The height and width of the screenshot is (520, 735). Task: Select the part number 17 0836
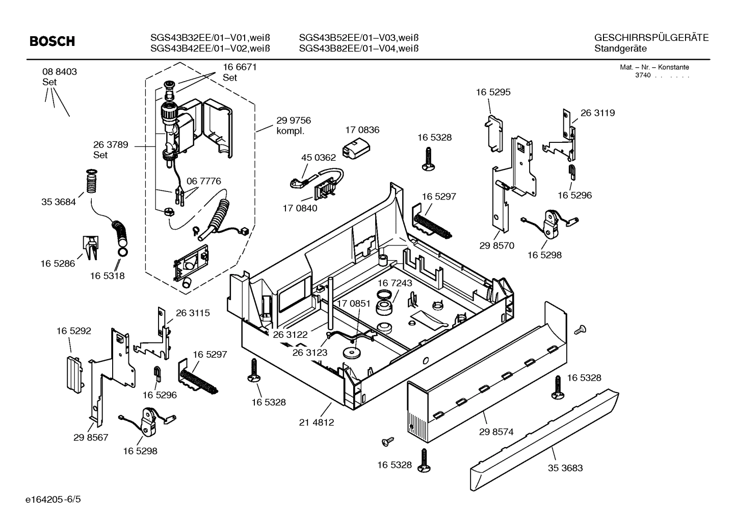coord(362,130)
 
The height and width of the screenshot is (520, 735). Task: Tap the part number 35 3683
coord(565,468)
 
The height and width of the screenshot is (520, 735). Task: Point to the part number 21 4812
coord(317,423)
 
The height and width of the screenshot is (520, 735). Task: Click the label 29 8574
coord(496,432)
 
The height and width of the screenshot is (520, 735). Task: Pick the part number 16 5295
coord(493,92)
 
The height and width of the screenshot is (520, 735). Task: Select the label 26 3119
coord(597,113)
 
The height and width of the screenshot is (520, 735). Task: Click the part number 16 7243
coord(395,283)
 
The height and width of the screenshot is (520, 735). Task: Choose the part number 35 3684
coord(58,202)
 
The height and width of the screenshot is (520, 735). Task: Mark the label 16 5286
coord(58,263)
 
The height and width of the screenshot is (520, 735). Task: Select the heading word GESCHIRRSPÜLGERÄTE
coord(651,38)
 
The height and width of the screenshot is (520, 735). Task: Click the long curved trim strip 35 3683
coord(545,439)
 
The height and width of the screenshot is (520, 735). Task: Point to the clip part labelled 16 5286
coord(91,247)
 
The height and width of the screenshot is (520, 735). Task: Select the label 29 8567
coord(91,437)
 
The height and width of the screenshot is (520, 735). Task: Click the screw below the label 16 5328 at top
coord(428,157)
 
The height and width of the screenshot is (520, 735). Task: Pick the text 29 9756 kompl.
coord(293,126)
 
